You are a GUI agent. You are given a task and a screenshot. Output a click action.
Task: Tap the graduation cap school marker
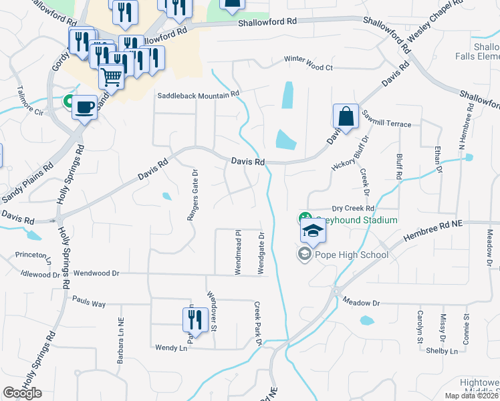point(311,231)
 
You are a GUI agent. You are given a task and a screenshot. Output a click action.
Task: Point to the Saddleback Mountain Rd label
point(198,96)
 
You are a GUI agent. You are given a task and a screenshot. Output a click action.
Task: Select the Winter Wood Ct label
point(308,68)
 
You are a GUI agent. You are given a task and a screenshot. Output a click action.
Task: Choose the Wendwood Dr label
point(96,273)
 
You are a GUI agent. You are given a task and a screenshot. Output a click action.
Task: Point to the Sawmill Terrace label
point(390,124)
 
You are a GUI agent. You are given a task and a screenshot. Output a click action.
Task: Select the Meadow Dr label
point(361,303)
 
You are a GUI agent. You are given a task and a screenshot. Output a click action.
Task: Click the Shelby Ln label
point(442,351)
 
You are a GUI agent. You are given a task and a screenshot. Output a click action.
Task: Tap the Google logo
point(22,393)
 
